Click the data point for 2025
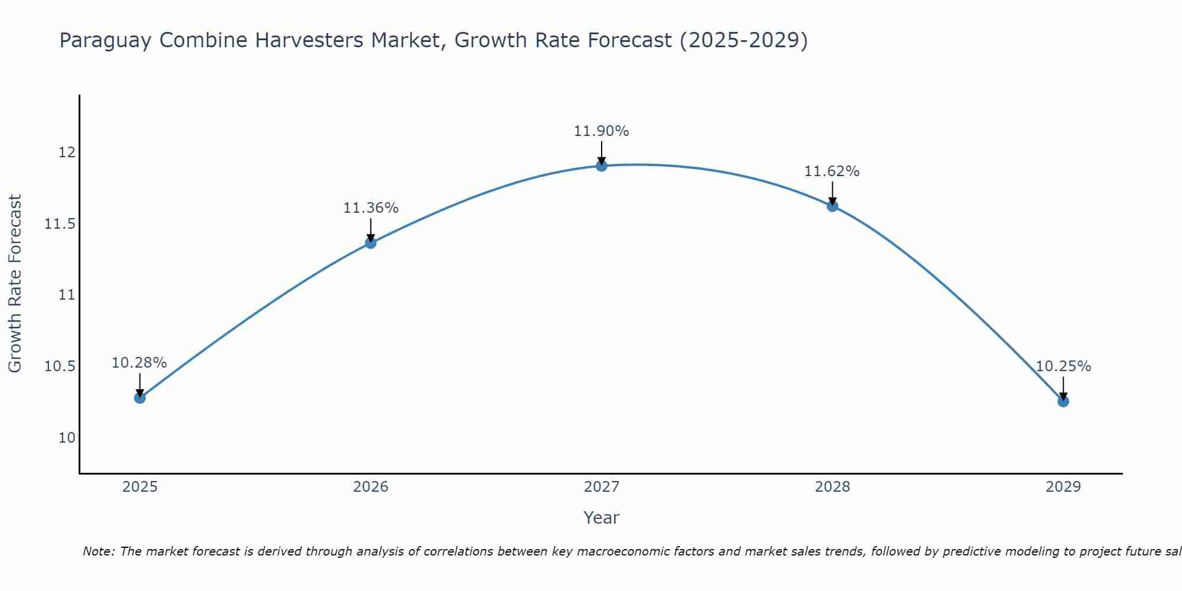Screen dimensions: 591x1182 [x=139, y=398]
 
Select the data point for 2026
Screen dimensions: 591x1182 [x=371, y=243]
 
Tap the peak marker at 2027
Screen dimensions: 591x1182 [x=602, y=166]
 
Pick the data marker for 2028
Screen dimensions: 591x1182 [x=832, y=206]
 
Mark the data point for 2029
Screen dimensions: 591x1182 [x=1063, y=401]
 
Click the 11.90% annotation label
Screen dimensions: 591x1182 [x=601, y=131]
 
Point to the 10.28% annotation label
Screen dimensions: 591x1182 [x=139, y=363]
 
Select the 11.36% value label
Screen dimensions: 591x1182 [x=371, y=208]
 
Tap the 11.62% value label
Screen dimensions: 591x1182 [x=832, y=171]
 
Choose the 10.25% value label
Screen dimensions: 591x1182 [x=1063, y=366]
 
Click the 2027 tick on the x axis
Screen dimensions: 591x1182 [x=602, y=487]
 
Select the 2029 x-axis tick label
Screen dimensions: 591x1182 [x=1063, y=487]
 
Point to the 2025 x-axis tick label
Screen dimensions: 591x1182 [x=139, y=487]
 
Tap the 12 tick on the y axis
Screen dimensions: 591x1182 [x=67, y=152]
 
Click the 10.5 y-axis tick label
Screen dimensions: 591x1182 [x=60, y=366]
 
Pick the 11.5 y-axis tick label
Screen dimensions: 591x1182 [x=60, y=224]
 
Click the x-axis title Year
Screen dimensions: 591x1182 [x=601, y=518]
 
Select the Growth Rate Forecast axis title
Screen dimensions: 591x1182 [x=15, y=284]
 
